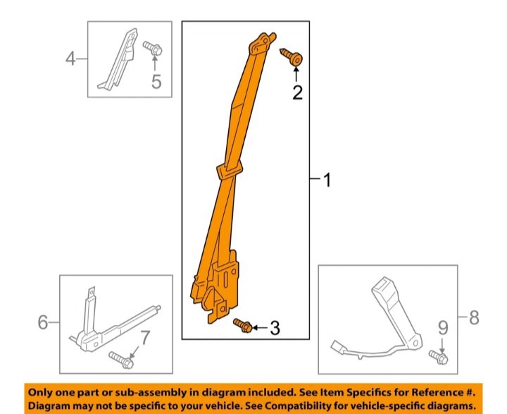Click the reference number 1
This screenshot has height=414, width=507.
(x=327, y=180)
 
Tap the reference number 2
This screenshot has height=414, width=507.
(x=297, y=92)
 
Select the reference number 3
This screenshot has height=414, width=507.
(x=275, y=328)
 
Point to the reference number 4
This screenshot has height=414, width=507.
(x=71, y=59)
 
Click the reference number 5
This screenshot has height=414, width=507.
(x=156, y=81)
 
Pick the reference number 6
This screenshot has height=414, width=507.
(x=43, y=322)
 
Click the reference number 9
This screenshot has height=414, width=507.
(x=443, y=328)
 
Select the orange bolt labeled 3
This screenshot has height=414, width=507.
(x=243, y=325)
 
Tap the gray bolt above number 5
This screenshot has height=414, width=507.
(x=153, y=48)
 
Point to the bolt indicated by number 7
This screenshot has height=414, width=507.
(x=121, y=360)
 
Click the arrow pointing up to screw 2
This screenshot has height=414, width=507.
(x=296, y=74)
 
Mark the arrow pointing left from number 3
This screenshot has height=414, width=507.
(x=260, y=328)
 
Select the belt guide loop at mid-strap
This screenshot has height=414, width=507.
(x=229, y=171)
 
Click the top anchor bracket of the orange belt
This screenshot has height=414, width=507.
(x=262, y=43)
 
